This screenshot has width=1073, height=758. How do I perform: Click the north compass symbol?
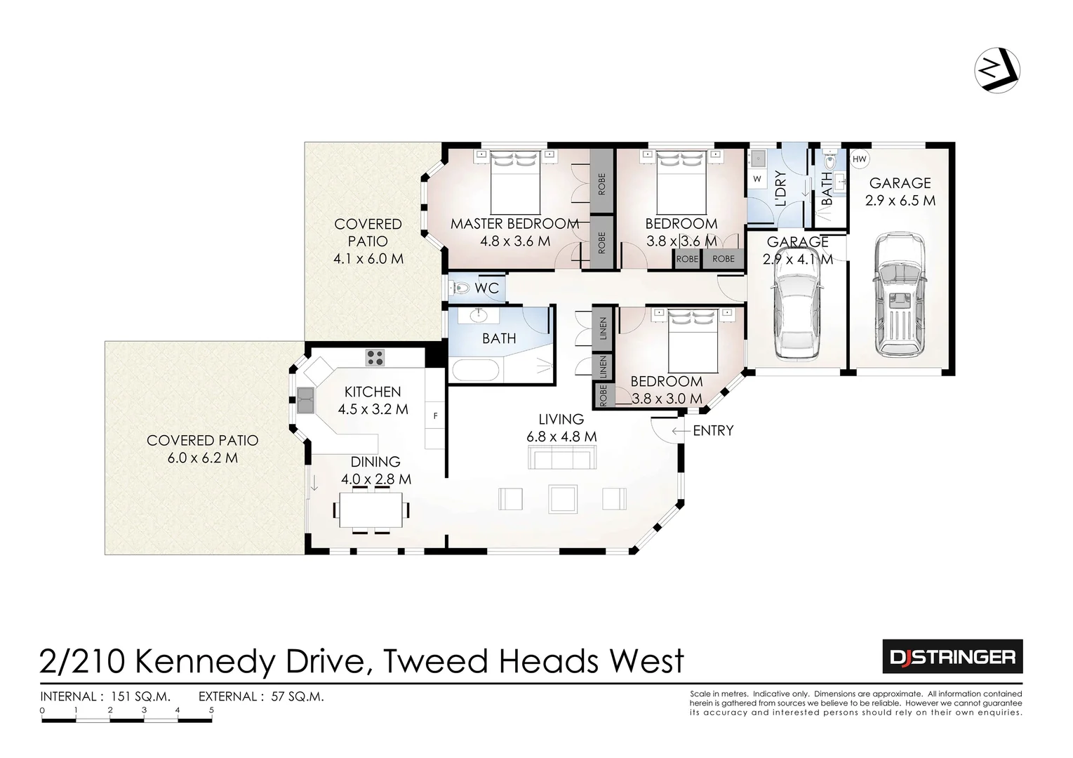point(997,70)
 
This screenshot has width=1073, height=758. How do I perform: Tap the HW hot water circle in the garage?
point(860,159)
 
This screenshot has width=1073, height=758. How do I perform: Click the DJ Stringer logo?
point(952,657)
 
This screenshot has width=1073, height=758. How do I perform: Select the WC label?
point(486,288)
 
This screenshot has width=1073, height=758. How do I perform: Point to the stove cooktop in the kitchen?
point(375,358)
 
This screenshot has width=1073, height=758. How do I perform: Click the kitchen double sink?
point(305,401)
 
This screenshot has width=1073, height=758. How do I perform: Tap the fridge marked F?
point(435,416)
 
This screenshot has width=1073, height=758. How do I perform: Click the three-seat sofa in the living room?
point(563,459)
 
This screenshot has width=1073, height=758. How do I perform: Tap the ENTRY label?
point(712,431)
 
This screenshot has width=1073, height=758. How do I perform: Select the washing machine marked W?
point(757,179)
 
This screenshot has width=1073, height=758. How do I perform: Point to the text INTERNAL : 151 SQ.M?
point(105,697)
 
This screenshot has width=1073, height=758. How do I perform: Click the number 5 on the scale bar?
point(211,710)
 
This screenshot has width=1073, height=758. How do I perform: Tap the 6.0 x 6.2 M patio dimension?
point(202,458)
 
